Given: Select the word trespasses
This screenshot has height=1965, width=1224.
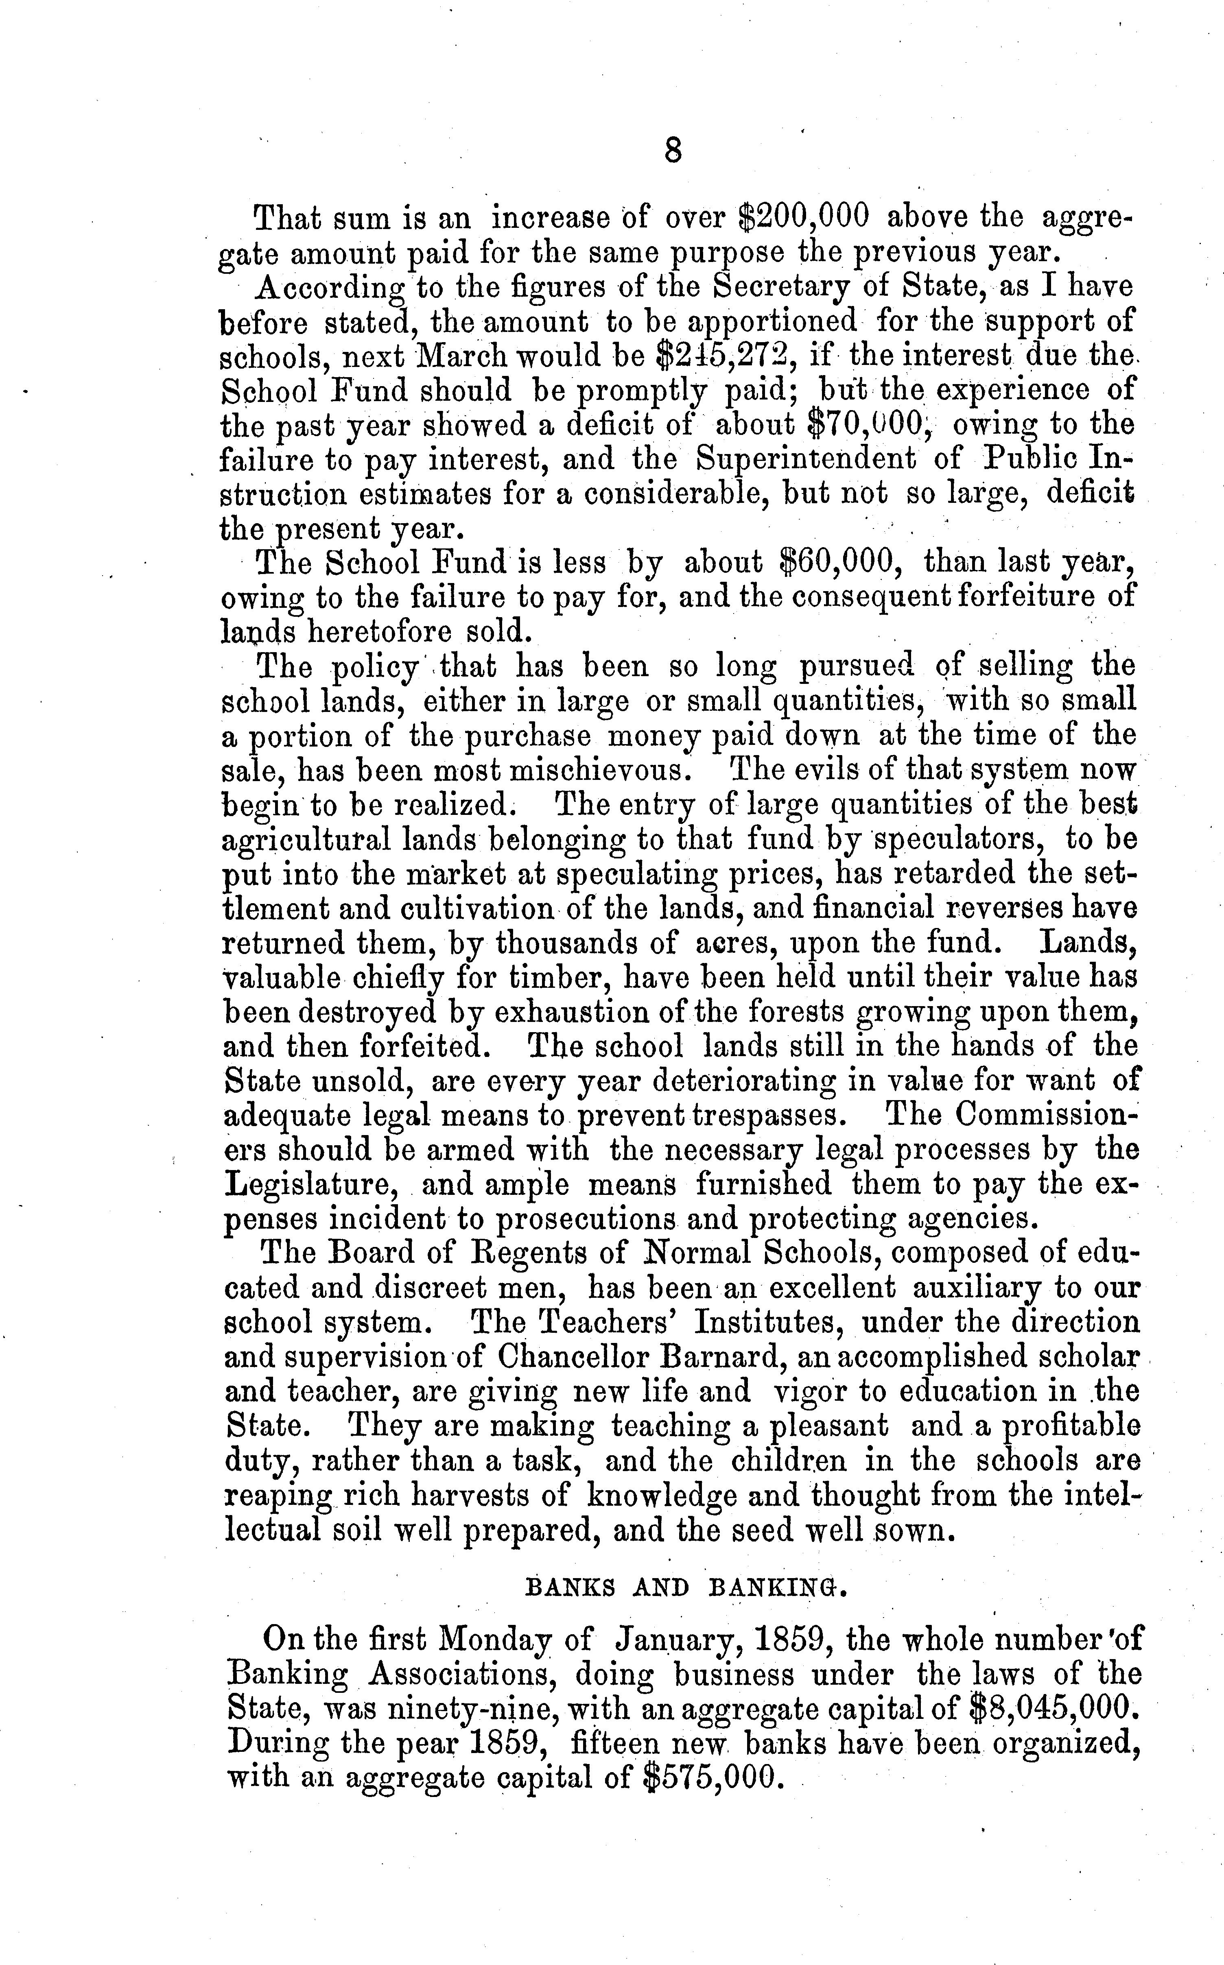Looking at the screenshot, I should (x=768, y=1116).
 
